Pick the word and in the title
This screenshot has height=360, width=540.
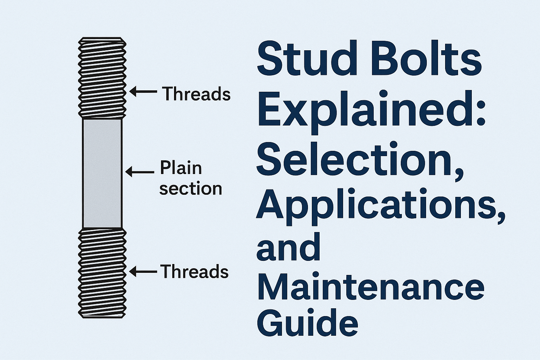tap(288, 248)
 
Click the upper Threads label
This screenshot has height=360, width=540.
tap(196, 94)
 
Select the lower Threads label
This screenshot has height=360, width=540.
tap(194, 272)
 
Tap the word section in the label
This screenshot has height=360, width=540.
tap(191, 189)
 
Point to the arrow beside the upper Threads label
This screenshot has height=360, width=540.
tap(143, 91)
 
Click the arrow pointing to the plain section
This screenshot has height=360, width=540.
tap(140, 172)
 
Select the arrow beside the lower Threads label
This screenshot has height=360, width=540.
tap(143, 271)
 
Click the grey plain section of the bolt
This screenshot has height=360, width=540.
tap(102, 173)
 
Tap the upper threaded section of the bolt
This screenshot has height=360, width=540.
tap(102, 77)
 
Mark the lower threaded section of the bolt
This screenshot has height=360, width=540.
tap(102, 273)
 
